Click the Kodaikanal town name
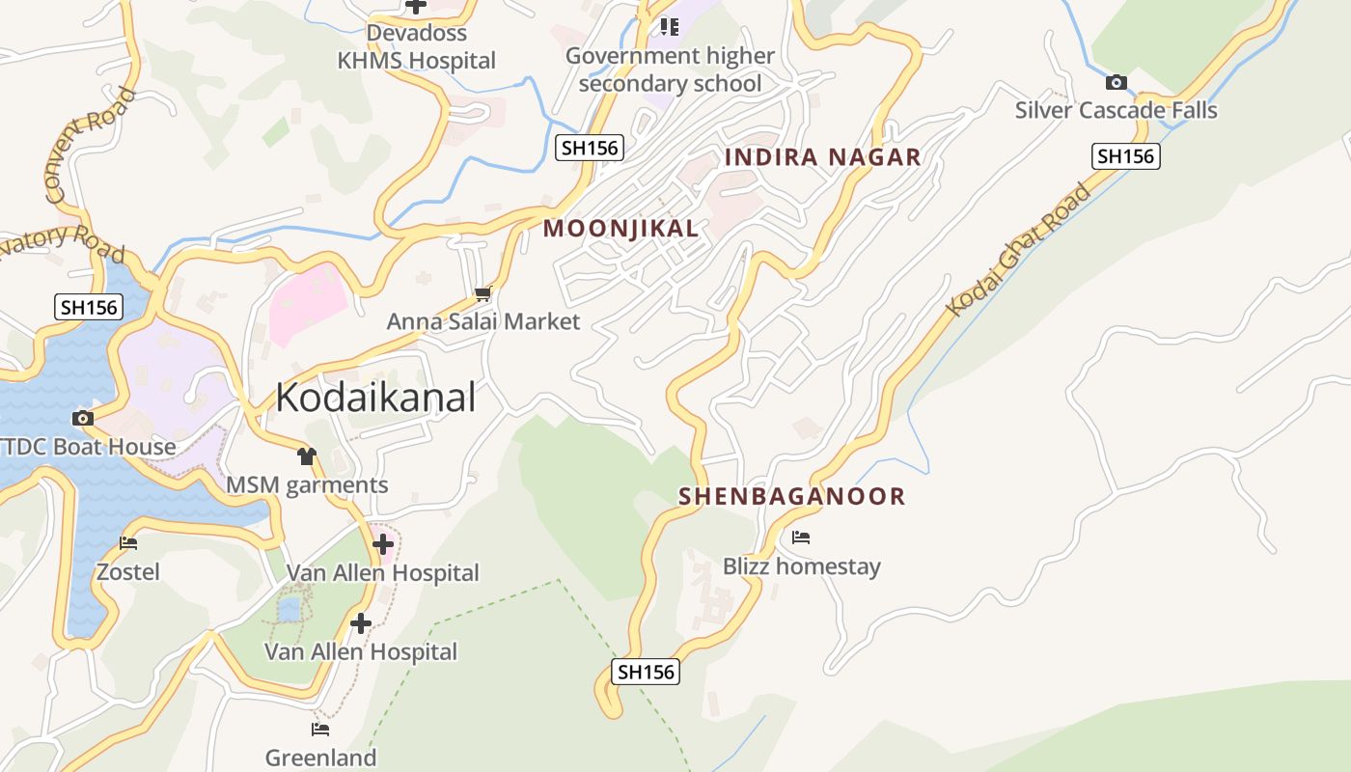tap(375, 398)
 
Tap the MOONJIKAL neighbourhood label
tap(620, 229)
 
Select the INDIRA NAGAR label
tap(823, 157)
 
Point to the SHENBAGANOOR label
tap(792, 497)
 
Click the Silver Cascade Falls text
tap(1116, 110)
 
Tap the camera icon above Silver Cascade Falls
tap(1117, 82)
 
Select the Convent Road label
tap(91, 146)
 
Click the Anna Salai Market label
tap(483, 321)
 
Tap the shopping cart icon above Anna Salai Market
tap(482, 293)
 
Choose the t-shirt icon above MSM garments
tap(307, 456)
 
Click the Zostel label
tap(128, 572)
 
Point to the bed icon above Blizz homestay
tap(801, 538)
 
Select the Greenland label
tap(320, 758)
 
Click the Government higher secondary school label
tap(670, 69)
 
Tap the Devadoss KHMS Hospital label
tap(416, 46)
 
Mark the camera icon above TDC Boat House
tap(83, 418)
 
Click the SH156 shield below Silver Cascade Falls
tap(1125, 156)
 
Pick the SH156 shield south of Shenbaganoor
tap(646, 673)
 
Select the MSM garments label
tap(307, 484)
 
